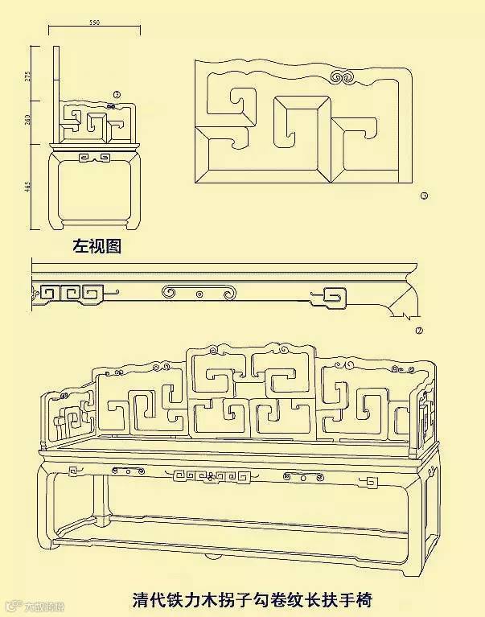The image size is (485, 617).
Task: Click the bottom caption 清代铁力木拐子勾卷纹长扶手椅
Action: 252,599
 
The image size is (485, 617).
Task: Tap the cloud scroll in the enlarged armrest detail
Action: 348,78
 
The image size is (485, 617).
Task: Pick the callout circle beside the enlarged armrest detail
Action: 425,195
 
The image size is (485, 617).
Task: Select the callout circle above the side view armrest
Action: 117,95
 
